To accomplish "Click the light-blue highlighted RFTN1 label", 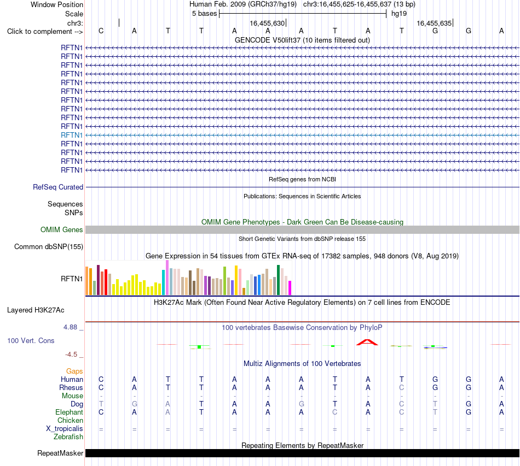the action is click(72, 135).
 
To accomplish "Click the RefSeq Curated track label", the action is click(58, 187).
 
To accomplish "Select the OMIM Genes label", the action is click(62, 229).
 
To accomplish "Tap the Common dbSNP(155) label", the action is click(49, 246).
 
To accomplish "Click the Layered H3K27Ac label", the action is click(36, 310).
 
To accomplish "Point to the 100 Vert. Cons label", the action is click(31, 340).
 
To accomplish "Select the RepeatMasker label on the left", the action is click(60, 453).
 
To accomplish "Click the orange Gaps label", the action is click(74, 371).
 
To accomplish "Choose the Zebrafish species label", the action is click(68, 437).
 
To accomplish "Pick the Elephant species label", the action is click(70, 412).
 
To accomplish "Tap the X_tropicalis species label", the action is click(65, 429).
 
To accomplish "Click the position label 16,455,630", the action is click(267, 23).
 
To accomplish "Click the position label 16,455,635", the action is click(434, 23).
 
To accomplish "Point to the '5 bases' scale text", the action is click(204, 14).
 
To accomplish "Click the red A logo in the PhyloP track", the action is click(367, 342).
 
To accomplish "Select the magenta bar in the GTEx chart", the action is click(290, 288).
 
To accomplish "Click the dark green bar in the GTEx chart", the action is click(278, 280).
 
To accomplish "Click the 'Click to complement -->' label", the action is click(45, 32).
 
